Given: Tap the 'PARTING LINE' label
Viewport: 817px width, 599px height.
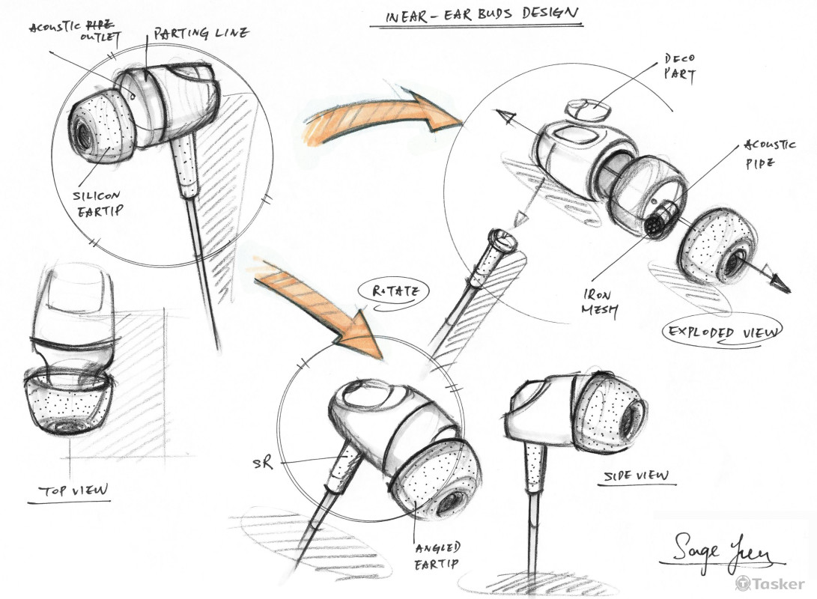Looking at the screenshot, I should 201,34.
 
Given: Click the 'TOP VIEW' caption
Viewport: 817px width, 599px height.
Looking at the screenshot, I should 73,491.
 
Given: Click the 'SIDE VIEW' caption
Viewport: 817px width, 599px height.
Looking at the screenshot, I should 637,475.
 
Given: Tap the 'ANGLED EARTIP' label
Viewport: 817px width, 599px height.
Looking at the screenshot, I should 436,556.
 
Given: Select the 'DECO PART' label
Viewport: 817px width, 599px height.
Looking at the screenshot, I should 679,67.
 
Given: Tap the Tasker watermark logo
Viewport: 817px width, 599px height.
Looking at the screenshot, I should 771,583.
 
